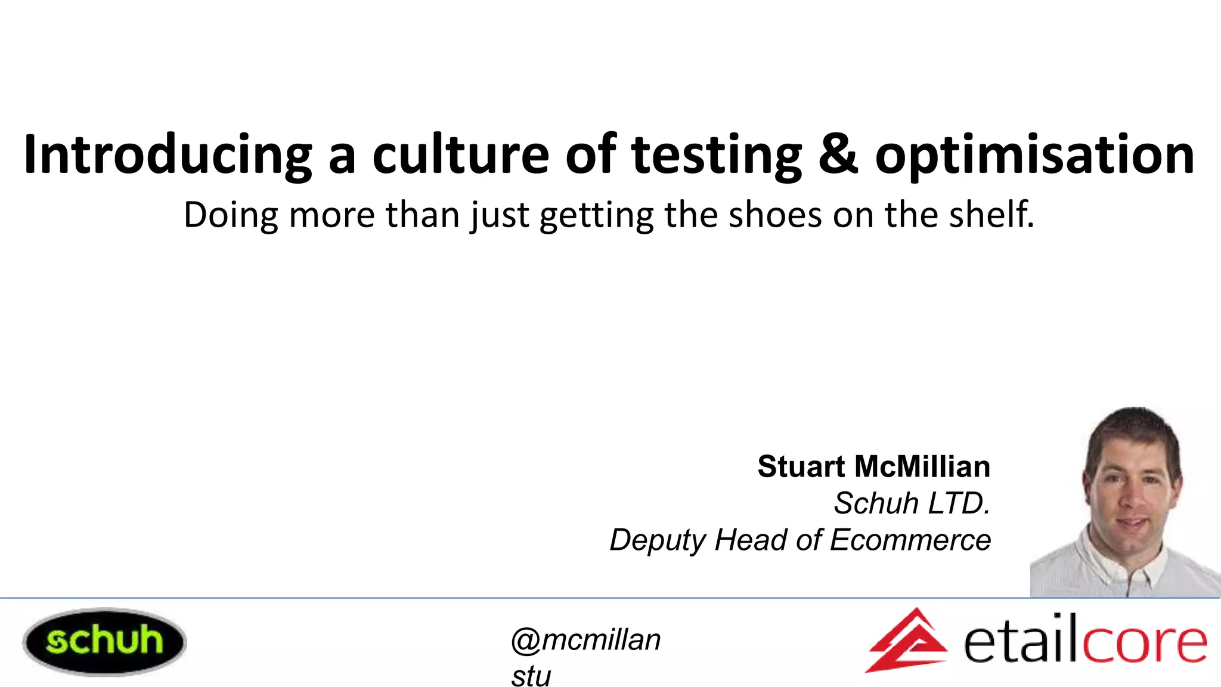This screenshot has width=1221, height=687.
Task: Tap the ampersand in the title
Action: pyautogui.click(x=838, y=154)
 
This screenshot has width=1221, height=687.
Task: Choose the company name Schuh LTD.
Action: pyautogui.click(x=912, y=503)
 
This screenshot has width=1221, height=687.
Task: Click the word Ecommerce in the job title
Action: pyautogui.click(x=910, y=540)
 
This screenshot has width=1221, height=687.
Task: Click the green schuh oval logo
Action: pyautogui.click(x=104, y=642)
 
